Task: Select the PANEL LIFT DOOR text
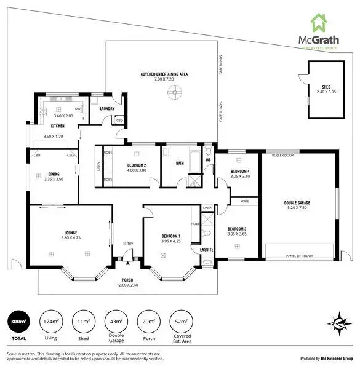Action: tap(299, 255)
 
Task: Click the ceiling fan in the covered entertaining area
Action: tap(175, 92)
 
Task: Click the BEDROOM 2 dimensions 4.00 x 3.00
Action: tap(132, 170)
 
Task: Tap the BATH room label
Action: tap(180, 163)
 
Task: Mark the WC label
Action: tap(208, 161)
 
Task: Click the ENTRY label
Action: tap(128, 244)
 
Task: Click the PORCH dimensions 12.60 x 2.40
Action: tap(127, 285)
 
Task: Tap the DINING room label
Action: tap(54, 174)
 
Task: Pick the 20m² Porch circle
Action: tap(148, 322)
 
